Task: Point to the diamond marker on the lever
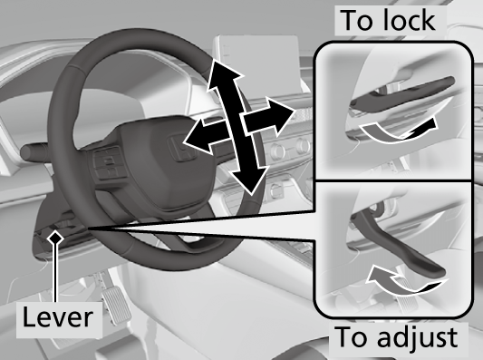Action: [x=57, y=237]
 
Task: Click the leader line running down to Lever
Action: [x=57, y=272]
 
